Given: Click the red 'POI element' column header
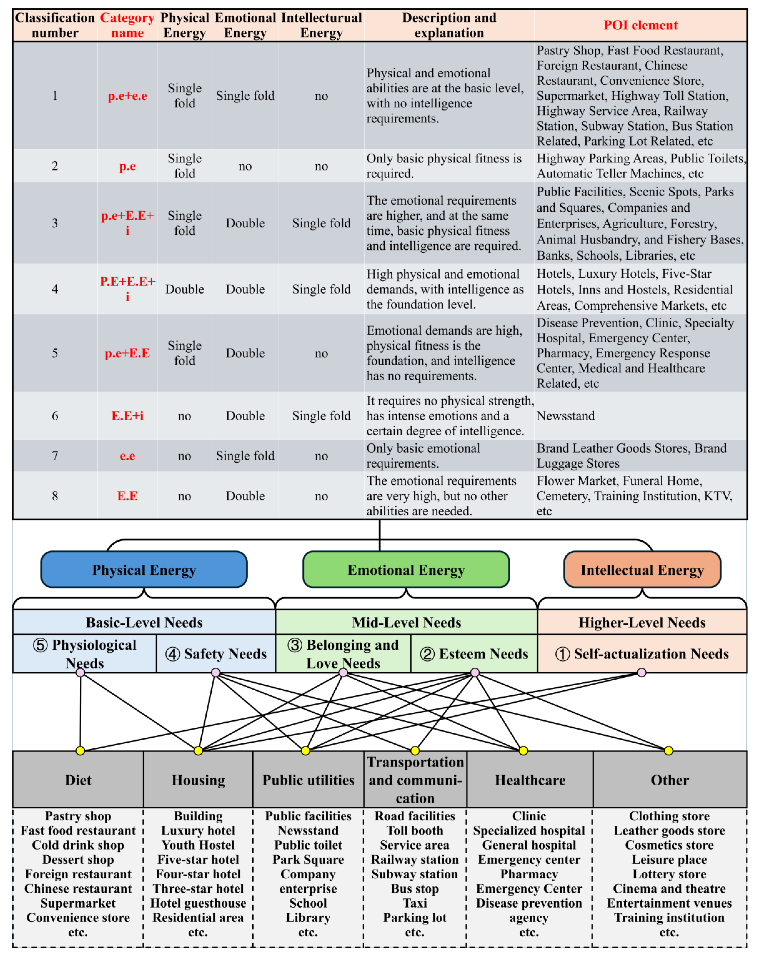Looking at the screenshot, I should point(640,25).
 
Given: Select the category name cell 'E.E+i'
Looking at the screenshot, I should point(127,416).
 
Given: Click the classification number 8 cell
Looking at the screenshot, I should point(55,496).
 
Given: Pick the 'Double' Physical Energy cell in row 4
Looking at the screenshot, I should point(185,289).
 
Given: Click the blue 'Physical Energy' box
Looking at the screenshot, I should point(144,570).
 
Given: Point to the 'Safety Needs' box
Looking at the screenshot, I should point(216,654).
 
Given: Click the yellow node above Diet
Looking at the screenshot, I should point(80,751).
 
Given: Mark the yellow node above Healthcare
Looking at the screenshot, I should point(523,751).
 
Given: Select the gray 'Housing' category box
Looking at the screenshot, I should point(198,780).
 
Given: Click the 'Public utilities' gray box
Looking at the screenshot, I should point(308,780).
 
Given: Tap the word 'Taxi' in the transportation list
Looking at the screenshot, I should point(415,903).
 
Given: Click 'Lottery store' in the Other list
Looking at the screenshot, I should point(669,874).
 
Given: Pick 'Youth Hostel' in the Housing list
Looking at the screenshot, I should point(198,845).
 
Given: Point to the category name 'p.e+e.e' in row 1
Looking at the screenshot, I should point(127,96).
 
